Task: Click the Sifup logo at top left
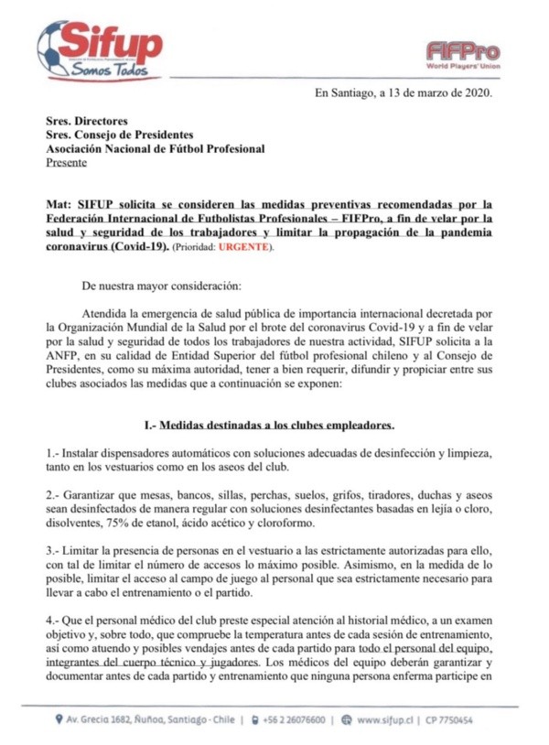(101, 46)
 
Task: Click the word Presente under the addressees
(67, 163)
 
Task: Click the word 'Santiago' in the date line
(349, 92)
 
